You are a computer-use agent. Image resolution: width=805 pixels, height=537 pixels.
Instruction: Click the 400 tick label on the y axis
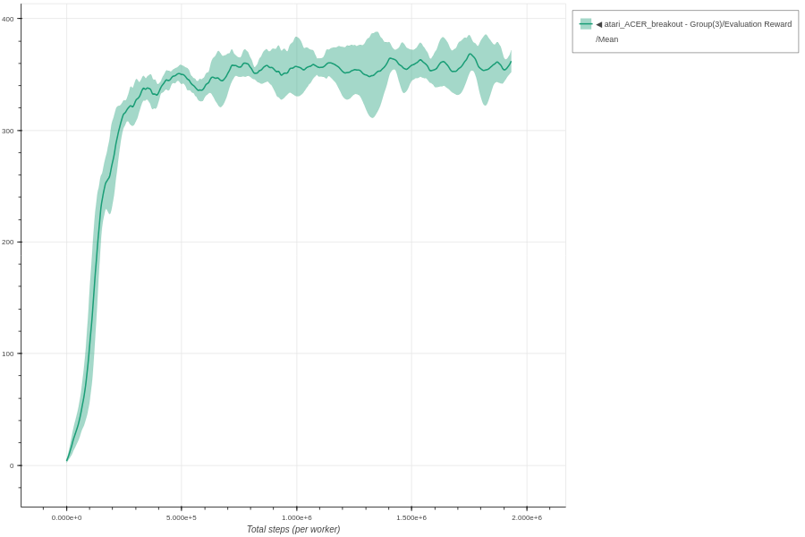tap(7, 19)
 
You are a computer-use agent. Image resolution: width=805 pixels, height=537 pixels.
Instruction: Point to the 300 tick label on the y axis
tap(7, 131)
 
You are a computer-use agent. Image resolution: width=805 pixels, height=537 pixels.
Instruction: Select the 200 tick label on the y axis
tap(7, 242)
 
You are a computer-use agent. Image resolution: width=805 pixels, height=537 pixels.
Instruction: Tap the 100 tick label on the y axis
tap(7, 354)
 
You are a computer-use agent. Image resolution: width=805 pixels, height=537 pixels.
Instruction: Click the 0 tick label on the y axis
tap(12, 465)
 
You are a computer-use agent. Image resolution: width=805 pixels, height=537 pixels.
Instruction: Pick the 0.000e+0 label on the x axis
tap(66, 517)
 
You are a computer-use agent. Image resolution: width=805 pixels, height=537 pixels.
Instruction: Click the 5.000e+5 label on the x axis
tap(182, 517)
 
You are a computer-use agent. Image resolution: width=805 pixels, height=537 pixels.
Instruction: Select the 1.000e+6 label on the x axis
tap(297, 517)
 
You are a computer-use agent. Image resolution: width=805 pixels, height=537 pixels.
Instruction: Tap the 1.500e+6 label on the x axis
tap(411, 517)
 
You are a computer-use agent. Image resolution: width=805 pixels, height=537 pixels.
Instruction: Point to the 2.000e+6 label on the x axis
tap(527, 517)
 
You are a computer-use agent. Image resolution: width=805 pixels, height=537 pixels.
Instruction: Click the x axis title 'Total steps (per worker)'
tap(293, 529)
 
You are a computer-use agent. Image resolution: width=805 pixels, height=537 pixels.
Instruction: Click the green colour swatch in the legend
tap(586, 24)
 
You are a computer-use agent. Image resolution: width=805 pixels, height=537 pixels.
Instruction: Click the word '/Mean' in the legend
tap(607, 39)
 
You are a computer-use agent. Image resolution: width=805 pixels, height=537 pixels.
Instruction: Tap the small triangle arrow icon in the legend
tap(599, 24)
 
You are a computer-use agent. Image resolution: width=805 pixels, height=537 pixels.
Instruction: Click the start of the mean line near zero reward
tap(67, 460)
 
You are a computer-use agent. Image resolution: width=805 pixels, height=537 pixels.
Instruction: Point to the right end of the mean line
tap(511, 62)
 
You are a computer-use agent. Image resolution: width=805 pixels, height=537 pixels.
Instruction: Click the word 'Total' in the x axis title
tap(257, 529)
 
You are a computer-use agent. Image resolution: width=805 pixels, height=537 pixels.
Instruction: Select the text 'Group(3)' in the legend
tap(707, 24)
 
